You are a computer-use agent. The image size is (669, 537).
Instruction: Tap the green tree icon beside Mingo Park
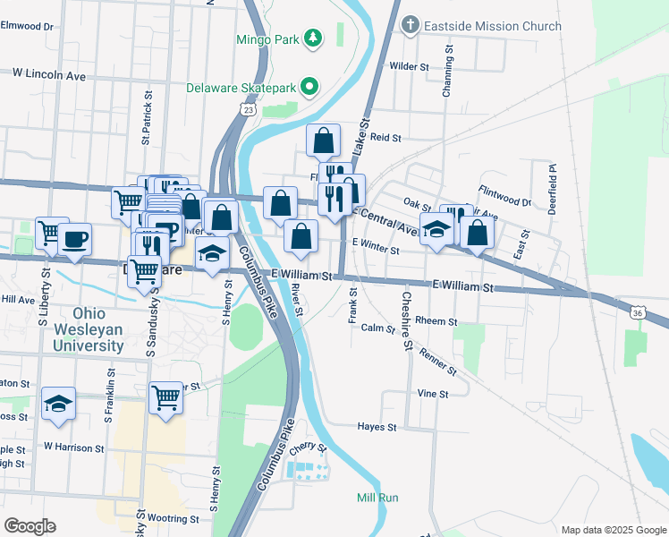tap(312, 38)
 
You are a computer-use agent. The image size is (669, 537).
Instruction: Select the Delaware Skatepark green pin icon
tap(309, 87)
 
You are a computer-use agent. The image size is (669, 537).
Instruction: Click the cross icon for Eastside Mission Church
tap(410, 24)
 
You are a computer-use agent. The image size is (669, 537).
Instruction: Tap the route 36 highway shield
tap(636, 313)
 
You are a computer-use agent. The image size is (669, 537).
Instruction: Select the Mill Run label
tap(377, 498)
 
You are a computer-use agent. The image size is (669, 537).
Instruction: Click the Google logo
tap(31, 525)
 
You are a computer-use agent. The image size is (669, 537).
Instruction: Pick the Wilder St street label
tap(411, 66)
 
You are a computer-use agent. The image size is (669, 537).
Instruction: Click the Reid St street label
tap(385, 138)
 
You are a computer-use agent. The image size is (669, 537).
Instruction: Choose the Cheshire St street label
tap(407, 320)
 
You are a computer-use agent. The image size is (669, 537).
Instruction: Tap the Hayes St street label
tap(377, 427)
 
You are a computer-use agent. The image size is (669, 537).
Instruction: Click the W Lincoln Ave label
tap(48, 75)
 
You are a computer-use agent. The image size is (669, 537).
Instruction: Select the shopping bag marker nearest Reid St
tap(323, 141)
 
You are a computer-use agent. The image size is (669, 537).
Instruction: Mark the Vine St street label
tap(431, 393)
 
